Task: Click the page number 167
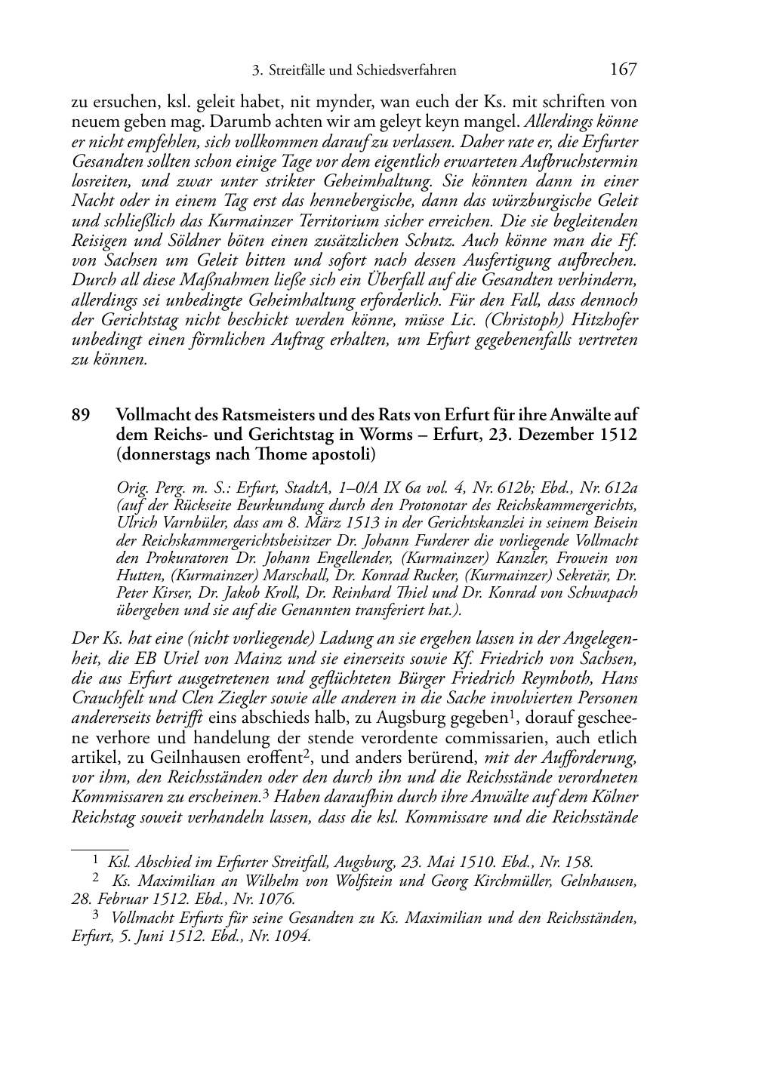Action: (623, 70)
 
